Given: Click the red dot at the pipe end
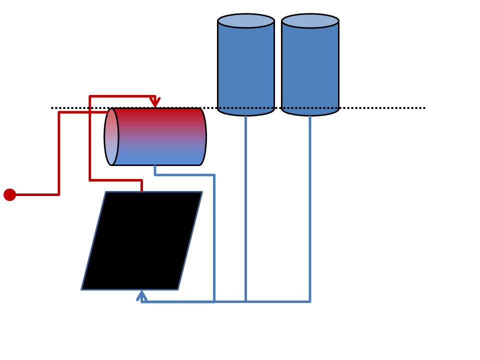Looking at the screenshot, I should coord(9,194).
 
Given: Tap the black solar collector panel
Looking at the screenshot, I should coord(142,240).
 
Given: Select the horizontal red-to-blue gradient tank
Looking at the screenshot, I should coord(157,136).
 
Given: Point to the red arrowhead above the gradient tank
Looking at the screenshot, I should coord(155,102).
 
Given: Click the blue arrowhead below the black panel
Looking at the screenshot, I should coord(141,295).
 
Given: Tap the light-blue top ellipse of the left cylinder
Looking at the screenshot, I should coord(246,21).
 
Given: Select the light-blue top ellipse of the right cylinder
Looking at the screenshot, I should coord(310,21).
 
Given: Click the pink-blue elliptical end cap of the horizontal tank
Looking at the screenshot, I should coord(111,136).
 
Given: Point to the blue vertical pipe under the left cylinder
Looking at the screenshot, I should coord(245,210).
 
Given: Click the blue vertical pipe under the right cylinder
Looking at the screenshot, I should coord(310,210).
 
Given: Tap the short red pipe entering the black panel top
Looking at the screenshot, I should coord(141,185).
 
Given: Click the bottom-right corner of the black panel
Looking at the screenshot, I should coord(177,289).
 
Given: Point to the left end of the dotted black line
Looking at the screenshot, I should coord(52,107).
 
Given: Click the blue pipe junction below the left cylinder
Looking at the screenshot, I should coord(245,301).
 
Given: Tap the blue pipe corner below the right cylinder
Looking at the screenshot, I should coord(310,301).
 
